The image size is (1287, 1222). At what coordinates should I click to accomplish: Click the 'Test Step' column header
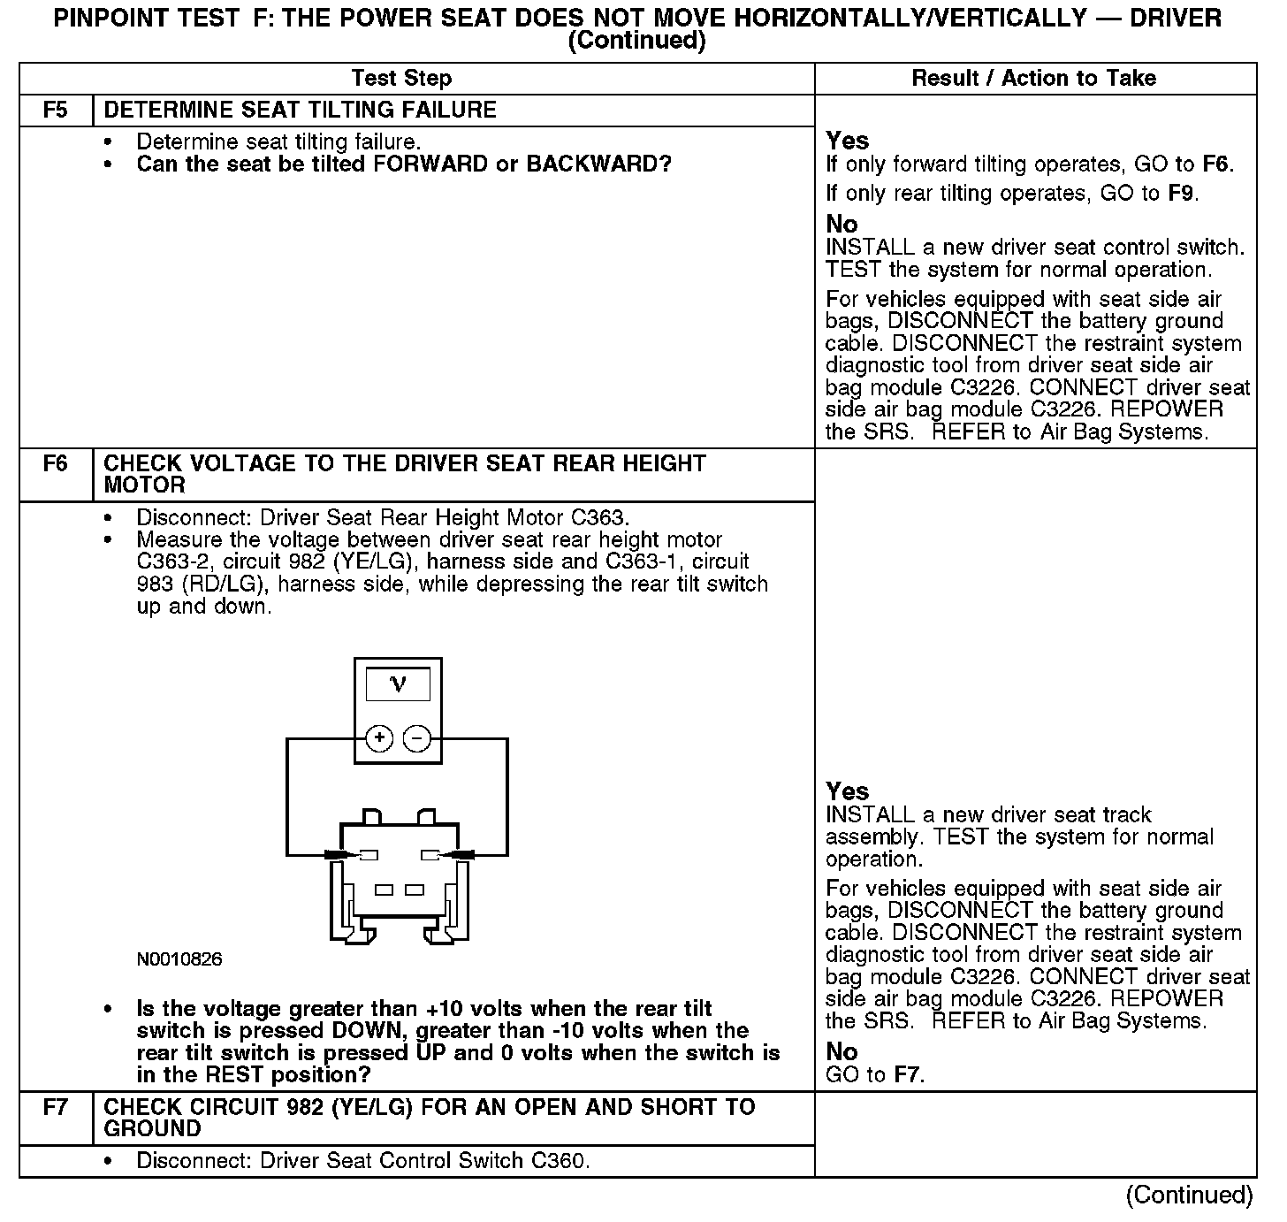(x=401, y=79)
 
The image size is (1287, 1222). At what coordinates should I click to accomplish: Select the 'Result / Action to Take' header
(x=1033, y=79)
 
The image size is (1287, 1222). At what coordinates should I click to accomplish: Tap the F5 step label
(x=56, y=111)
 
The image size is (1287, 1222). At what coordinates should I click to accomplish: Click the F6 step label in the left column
(x=56, y=464)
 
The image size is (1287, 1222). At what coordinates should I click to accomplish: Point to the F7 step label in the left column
(x=56, y=1107)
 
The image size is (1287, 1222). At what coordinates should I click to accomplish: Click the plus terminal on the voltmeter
(x=379, y=738)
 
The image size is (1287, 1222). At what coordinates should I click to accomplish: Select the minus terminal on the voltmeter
(x=417, y=738)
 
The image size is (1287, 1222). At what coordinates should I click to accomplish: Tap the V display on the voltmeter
(x=398, y=684)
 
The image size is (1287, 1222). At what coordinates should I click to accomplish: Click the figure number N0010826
(x=179, y=959)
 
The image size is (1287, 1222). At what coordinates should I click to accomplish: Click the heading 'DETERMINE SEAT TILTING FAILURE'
(x=301, y=111)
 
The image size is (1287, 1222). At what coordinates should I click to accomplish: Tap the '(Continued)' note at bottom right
(x=1189, y=1195)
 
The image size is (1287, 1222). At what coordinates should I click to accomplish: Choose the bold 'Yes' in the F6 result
(x=847, y=791)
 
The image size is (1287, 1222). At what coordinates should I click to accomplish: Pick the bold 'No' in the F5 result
(x=841, y=225)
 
